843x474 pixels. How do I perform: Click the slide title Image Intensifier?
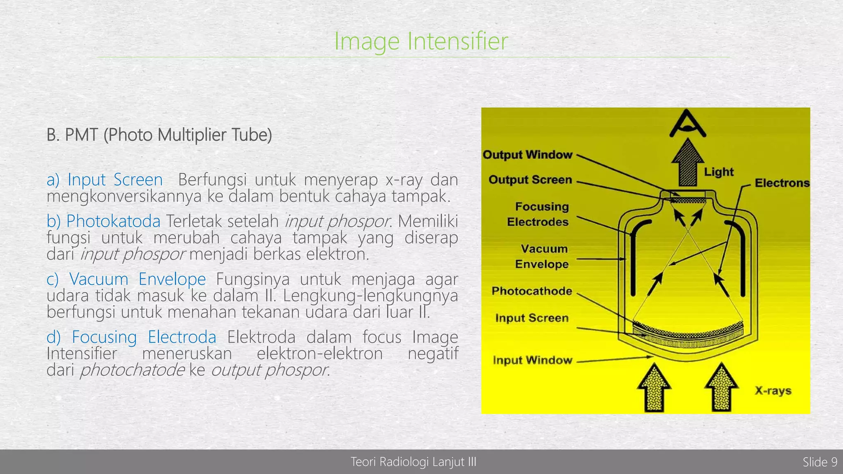click(x=421, y=41)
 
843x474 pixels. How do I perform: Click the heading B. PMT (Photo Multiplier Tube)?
click(x=159, y=135)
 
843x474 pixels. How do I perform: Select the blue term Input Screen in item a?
click(x=115, y=180)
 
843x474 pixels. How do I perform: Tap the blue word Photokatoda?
click(x=113, y=221)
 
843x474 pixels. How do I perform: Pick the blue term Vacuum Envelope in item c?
click(x=137, y=279)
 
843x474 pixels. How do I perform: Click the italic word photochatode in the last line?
click(x=132, y=370)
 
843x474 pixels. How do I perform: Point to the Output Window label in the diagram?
click(x=527, y=155)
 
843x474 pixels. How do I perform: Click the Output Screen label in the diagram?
click(x=530, y=180)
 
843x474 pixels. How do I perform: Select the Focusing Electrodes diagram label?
click(x=538, y=214)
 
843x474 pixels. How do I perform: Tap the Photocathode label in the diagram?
click(x=532, y=291)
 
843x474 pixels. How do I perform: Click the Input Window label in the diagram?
click(x=532, y=360)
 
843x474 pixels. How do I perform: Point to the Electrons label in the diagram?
click(x=782, y=183)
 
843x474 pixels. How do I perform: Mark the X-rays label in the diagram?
click(x=773, y=390)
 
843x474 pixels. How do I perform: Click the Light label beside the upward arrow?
click(x=719, y=172)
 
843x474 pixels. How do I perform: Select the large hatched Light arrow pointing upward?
click(x=687, y=163)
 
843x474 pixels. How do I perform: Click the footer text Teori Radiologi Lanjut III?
click(x=413, y=462)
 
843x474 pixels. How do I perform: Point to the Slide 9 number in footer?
click(x=820, y=462)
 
